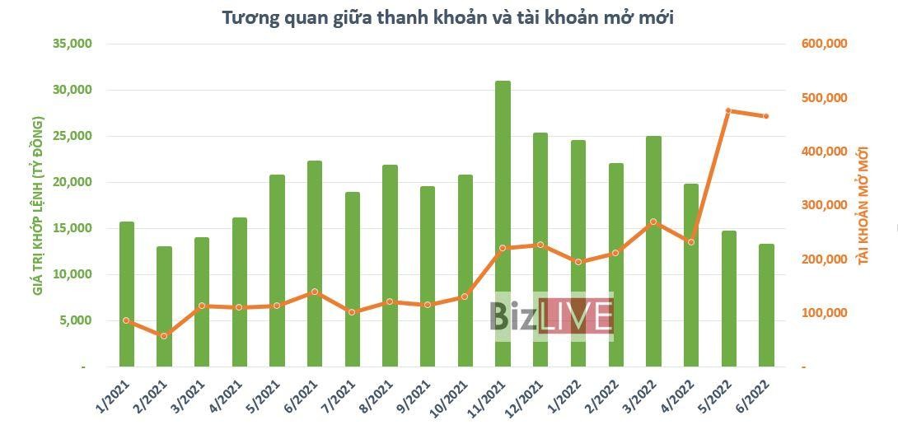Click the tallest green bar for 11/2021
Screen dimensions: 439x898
(x=503, y=222)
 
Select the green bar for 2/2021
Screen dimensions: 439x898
(x=164, y=306)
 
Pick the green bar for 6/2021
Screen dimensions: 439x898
(x=315, y=264)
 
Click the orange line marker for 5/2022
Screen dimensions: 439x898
(x=729, y=110)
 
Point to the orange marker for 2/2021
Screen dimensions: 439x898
(x=164, y=336)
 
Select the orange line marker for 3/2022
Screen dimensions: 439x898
(x=653, y=222)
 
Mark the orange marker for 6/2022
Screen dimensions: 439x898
(x=766, y=116)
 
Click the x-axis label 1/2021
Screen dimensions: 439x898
(x=111, y=399)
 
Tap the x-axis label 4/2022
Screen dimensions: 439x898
(x=676, y=399)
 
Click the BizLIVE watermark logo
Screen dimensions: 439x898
(x=551, y=316)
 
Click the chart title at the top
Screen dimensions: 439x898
(x=448, y=16)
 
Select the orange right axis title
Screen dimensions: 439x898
(x=863, y=204)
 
